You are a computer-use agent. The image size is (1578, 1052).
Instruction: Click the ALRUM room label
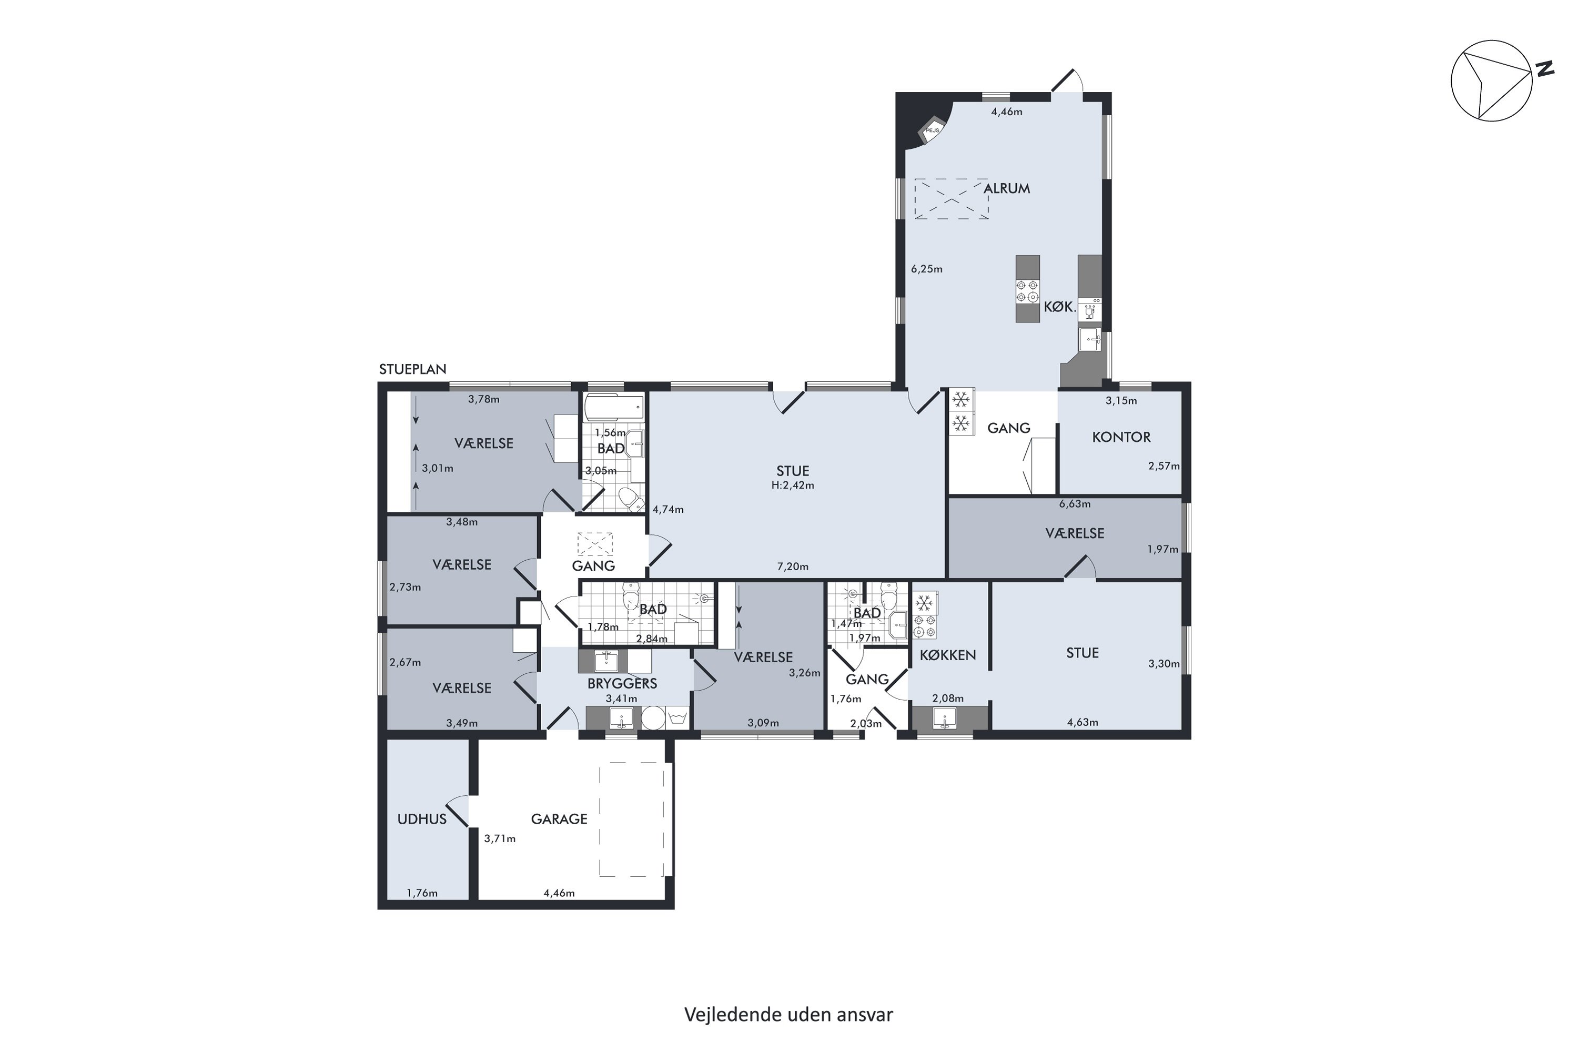click(1006, 188)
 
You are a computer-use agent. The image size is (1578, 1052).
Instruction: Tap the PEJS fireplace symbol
click(933, 131)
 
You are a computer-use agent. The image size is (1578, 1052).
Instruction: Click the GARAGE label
click(559, 819)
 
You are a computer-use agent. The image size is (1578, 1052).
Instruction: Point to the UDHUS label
click(421, 819)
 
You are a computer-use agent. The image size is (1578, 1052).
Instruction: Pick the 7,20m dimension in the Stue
click(792, 567)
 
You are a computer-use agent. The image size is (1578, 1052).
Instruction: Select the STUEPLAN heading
click(412, 370)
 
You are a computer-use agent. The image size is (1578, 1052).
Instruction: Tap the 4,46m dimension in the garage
click(559, 894)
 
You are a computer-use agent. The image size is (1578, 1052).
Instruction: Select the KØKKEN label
click(947, 655)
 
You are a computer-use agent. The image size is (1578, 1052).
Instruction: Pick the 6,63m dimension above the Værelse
click(1074, 504)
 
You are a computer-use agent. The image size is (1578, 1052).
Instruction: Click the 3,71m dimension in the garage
click(500, 838)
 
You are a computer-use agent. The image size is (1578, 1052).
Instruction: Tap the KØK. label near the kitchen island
click(1060, 308)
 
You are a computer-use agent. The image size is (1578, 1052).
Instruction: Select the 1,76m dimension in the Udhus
click(422, 894)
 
